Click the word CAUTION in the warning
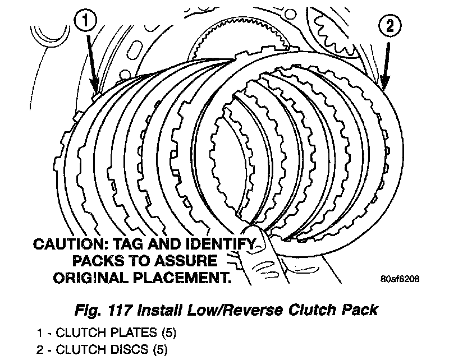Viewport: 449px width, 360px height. pyautogui.click(x=67, y=245)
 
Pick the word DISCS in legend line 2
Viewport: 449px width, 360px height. pyautogui.click(x=126, y=350)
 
